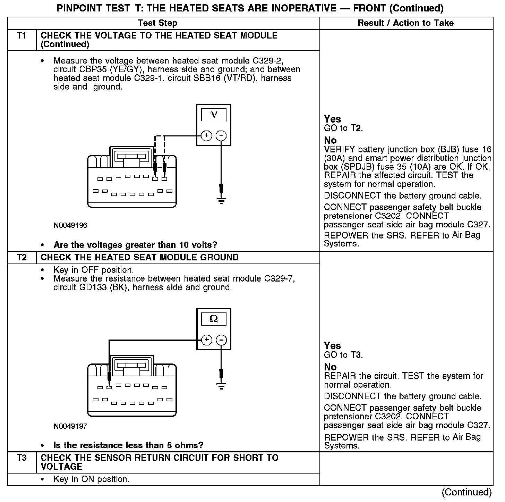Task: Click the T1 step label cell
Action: point(22,36)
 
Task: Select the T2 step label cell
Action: point(22,258)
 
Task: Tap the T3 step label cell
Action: point(22,458)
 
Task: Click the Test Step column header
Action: point(157,23)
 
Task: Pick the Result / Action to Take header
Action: point(405,23)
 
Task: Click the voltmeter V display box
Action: point(214,115)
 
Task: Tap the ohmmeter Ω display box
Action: point(214,319)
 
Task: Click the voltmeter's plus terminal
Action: point(206,135)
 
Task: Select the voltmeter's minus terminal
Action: point(221,135)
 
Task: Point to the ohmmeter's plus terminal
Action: point(206,340)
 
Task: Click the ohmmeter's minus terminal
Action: point(221,340)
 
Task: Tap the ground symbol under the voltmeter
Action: point(221,200)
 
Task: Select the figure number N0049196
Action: point(70,226)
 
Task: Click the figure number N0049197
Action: point(70,426)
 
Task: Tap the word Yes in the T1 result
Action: point(332,119)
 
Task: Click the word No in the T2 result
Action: point(330,367)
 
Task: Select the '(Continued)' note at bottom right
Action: point(467,492)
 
